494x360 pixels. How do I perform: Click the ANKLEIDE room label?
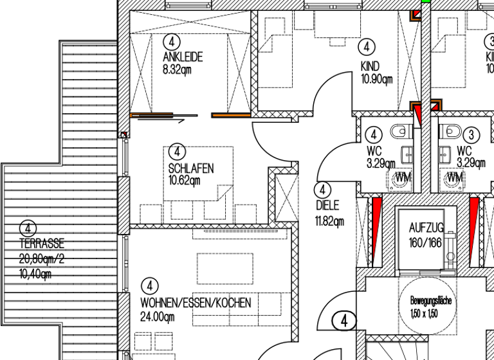pos(183,57)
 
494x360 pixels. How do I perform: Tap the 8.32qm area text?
pos(177,69)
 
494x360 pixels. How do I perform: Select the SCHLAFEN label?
pos(190,168)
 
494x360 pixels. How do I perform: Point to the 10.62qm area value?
pos(184,180)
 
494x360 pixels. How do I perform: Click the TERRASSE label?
pos(41,244)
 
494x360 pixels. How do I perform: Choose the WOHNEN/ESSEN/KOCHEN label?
pos(196,302)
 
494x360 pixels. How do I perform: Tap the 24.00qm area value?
pos(158,316)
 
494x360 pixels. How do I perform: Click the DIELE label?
pos(326,206)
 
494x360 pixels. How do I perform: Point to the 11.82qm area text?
pos(330,222)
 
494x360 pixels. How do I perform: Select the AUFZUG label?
pos(426,228)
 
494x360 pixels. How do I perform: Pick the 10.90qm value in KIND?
pos(377,79)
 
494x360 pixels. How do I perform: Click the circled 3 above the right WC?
pos(472,135)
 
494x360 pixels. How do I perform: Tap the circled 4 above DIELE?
pos(322,190)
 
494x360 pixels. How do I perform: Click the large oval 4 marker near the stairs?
pos(345,319)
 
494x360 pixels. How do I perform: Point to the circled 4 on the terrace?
pos(28,228)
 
